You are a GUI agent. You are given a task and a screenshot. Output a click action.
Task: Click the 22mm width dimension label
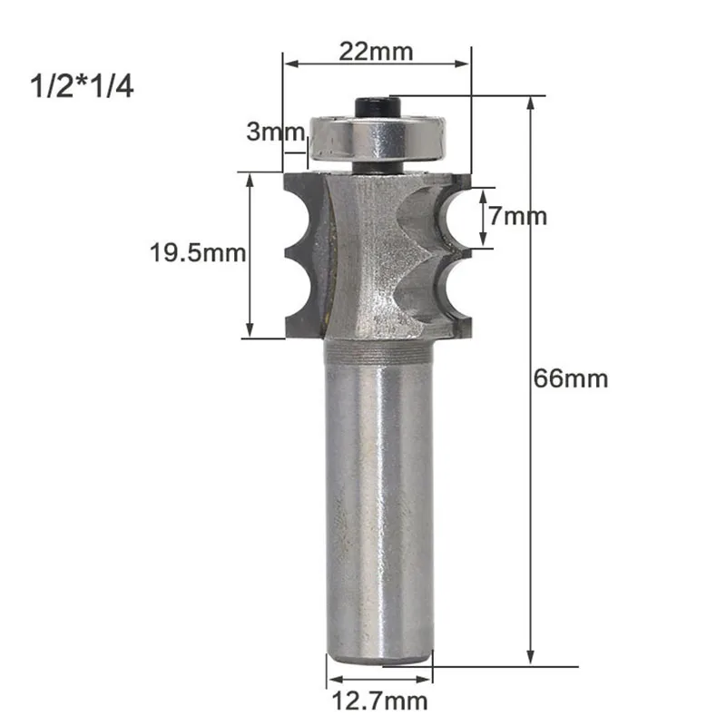[x=376, y=52]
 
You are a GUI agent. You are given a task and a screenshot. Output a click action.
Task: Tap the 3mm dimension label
[x=275, y=132]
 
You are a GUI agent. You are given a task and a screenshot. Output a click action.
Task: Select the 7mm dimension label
[x=517, y=216]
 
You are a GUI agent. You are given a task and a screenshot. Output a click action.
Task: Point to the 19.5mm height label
[x=198, y=253]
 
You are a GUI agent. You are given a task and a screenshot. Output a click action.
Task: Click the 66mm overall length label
[x=571, y=378]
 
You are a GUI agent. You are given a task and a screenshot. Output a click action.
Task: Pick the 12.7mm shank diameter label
[x=379, y=701]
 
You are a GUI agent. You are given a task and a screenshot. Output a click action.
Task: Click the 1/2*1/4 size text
[x=82, y=86]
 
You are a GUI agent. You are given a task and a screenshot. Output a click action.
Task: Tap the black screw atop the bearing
[x=378, y=107]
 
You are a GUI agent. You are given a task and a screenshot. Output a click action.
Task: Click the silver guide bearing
[x=378, y=139]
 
